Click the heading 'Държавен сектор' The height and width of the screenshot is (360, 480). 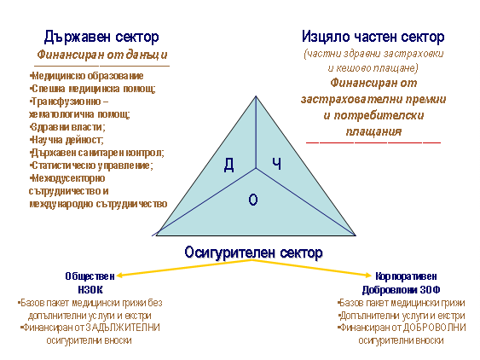(x=101, y=37)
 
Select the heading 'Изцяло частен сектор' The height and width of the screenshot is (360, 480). (x=373, y=37)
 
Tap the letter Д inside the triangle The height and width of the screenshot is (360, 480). (x=229, y=165)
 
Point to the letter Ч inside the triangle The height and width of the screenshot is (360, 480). (x=277, y=164)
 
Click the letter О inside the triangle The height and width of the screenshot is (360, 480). (x=253, y=200)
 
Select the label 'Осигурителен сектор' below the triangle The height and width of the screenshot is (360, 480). (x=253, y=253)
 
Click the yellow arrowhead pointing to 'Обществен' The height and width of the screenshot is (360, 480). (x=120, y=276)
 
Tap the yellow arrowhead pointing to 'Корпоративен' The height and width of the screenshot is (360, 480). (x=368, y=275)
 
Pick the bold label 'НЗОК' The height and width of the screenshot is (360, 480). (x=90, y=289)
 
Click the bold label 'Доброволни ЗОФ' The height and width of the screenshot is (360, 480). (x=401, y=289)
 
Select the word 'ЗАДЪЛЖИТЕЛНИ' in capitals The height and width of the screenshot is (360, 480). (x=123, y=328)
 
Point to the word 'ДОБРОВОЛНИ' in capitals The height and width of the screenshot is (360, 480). (x=434, y=328)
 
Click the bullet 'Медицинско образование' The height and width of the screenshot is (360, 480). (x=87, y=76)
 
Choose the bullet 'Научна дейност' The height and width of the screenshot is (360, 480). (x=67, y=140)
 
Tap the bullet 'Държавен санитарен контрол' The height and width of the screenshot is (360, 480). (x=97, y=153)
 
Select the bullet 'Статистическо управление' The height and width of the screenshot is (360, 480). (x=91, y=165)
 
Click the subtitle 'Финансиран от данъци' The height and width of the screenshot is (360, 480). (x=102, y=55)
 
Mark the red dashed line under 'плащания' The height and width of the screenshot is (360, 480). (x=373, y=142)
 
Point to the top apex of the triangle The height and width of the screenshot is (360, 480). (x=256, y=96)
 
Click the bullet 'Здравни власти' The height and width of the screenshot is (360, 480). (x=67, y=127)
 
